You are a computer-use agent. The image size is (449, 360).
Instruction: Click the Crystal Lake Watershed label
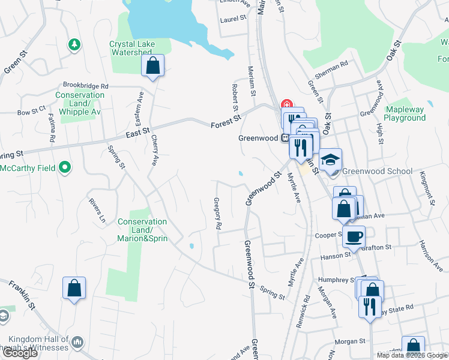pyautogui.click(x=130, y=48)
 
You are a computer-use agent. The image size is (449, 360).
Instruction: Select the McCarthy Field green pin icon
pyautogui.click(x=66, y=167)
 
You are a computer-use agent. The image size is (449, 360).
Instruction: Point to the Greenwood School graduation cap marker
pyautogui.click(x=330, y=160)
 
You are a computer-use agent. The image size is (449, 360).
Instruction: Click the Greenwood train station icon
pyautogui.click(x=285, y=137)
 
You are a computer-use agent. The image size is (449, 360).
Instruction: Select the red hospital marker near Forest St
pyautogui.click(x=286, y=104)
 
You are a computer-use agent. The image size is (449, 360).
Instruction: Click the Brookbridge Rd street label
pyautogui.click(x=83, y=86)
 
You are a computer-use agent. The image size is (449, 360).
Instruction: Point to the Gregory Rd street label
pyautogui.click(x=218, y=215)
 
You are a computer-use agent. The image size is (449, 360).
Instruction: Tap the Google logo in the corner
pyautogui.click(x=19, y=353)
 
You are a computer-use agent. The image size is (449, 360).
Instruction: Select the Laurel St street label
pyautogui.click(x=234, y=19)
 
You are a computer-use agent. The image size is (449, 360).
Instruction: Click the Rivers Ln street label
pyautogui.click(x=97, y=211)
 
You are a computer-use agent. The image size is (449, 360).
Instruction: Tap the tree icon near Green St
pyautogui.click(x=74, y=44)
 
